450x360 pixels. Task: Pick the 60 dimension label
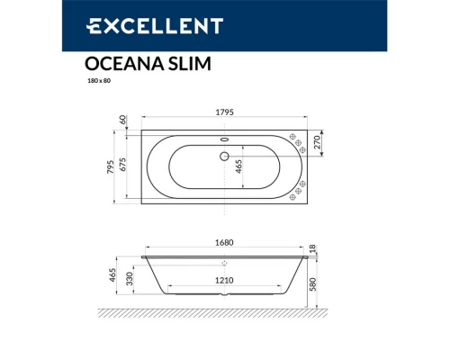123,120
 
